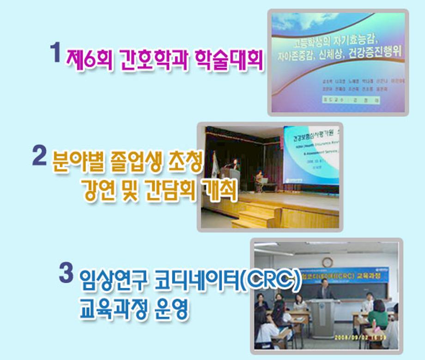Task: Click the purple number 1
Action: pos(55,52)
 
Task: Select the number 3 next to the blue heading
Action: pos(66,273)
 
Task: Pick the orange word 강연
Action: pos(98,191)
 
